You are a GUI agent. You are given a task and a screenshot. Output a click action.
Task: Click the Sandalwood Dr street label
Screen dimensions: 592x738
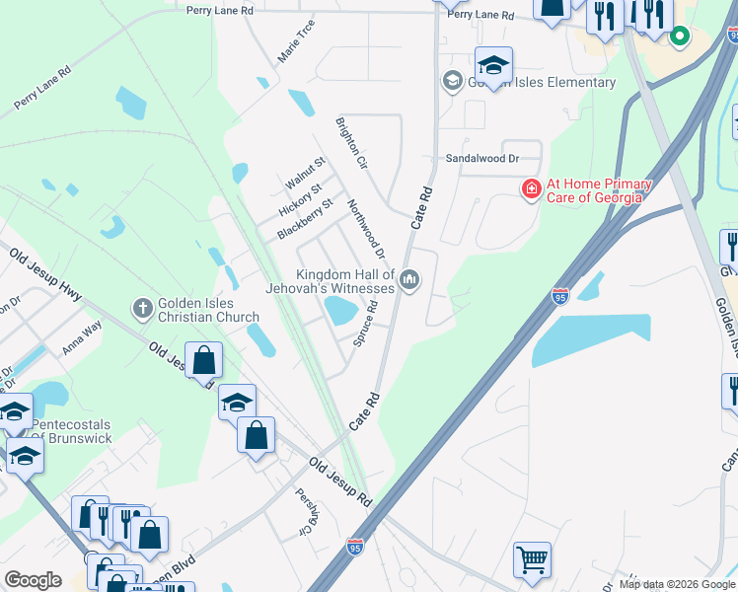pyautogui.click(x=481, y=158)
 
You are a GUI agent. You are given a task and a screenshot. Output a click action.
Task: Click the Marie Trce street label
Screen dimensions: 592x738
pyautogui.click(x=296, y=41)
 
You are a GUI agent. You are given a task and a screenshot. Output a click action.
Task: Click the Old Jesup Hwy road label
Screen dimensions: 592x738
pyautogui.click(x=46, y=274)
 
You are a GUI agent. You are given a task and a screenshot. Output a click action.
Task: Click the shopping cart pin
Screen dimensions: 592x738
pyautogui.click(x=532, y=560)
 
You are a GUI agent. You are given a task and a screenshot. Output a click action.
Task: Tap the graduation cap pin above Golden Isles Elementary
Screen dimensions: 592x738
pyautogui.click(x=493, y=65)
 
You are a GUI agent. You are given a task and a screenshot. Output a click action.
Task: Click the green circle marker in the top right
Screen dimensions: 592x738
pyautogui.click(x=679, y=37)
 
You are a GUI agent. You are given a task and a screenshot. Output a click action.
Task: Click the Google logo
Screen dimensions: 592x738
pyautogui.click(x=33, y=580)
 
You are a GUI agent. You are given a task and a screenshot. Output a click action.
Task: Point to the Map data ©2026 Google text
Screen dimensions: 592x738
pyautogui.click(x=676, y=584)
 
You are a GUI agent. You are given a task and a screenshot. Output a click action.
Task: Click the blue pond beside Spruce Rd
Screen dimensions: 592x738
pyautogui.click(x=341, y=312)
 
